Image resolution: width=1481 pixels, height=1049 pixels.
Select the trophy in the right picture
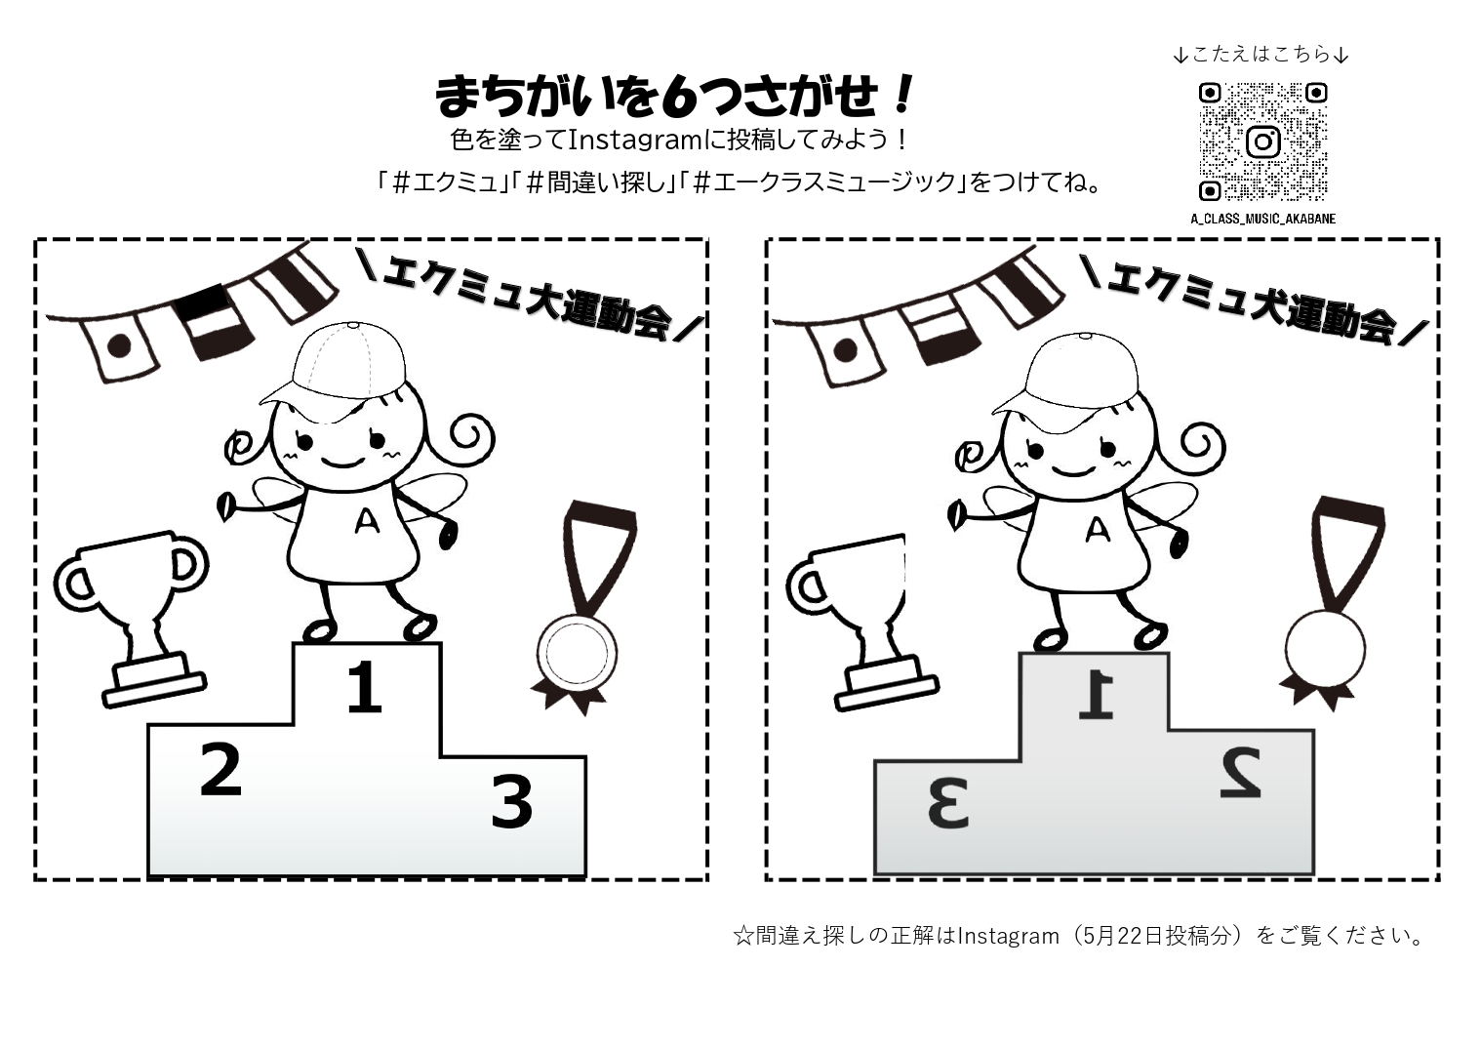pos(860,622)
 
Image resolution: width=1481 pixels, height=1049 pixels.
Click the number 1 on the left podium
pos(365,688)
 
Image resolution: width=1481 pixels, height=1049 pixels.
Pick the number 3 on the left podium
pos(512,802)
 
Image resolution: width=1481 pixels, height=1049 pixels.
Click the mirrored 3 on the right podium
pos(947,803)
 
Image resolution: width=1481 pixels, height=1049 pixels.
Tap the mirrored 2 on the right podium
pos(1241,772)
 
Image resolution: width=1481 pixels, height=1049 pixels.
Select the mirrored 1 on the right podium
pos(1097,695)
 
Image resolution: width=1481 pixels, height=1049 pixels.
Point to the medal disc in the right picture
pos(1325,649)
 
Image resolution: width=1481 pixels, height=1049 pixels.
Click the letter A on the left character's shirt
pos(367,521)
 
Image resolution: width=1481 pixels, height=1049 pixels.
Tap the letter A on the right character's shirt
pos(1099,529)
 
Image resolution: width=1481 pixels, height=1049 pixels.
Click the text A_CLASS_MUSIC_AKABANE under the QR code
pos(1262,219)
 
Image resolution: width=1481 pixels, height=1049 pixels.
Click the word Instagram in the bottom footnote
pos(1008,936)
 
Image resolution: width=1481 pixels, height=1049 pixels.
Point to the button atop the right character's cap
pos(1085,336)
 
